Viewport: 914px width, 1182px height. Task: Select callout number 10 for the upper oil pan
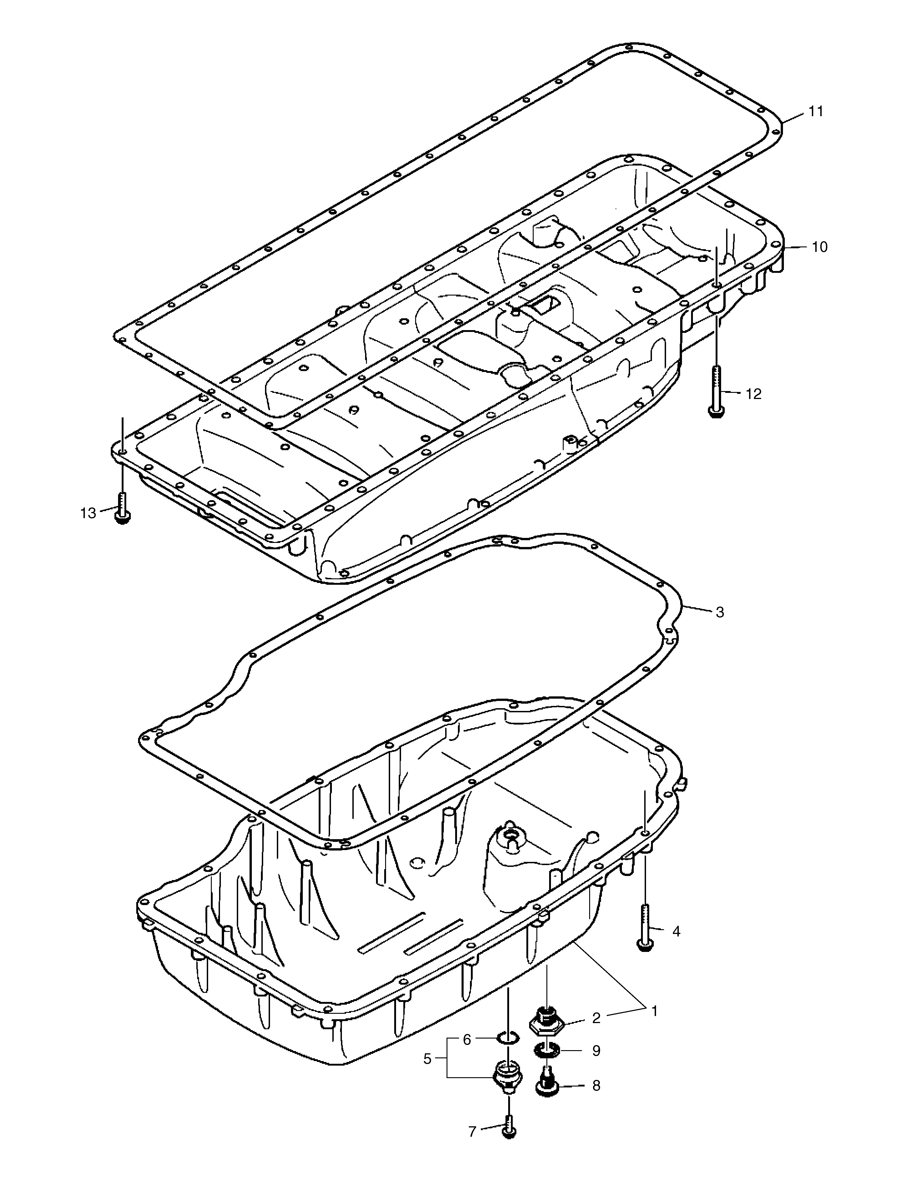[x=819, y=247]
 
